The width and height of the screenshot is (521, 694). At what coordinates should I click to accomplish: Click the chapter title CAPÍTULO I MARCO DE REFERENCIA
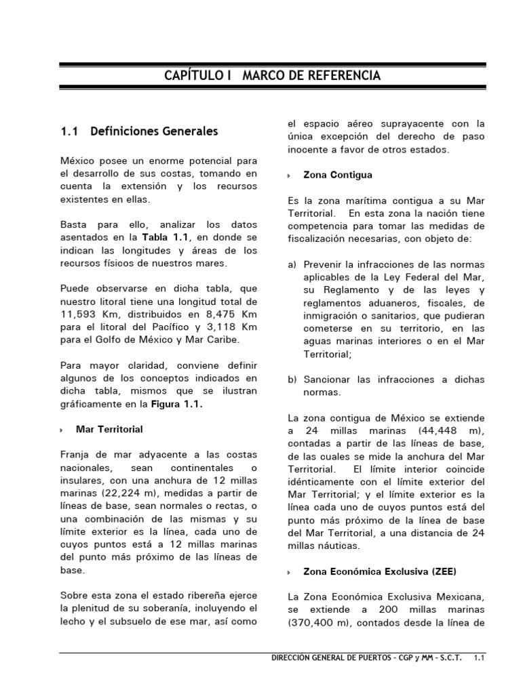272,75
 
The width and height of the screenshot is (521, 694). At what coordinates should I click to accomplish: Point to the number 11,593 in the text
80,314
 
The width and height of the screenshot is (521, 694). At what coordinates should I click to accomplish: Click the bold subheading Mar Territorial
109,430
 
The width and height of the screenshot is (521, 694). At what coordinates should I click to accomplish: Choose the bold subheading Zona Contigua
338,175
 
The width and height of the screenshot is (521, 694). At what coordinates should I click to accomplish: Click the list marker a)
292,264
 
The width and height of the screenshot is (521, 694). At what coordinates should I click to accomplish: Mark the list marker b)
292,380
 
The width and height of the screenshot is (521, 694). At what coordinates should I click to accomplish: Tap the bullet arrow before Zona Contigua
290,176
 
